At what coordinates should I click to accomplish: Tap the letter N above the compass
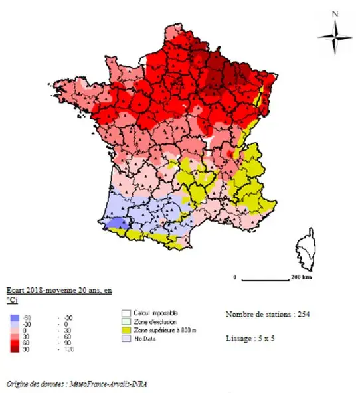click(x=335, y=13)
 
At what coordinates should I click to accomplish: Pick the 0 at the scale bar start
click(x=235, y=275)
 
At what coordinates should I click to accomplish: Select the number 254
click(x=302, y=313)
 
